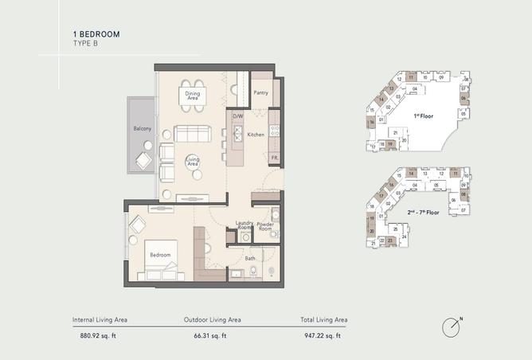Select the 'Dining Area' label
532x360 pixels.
tap(193, 96)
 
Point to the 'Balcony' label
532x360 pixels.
tap(143, 128)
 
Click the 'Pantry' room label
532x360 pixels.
tap(260, 93)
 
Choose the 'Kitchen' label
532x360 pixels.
tap(256, 135)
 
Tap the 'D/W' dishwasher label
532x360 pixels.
tap(237, 116)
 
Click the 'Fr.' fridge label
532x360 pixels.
tap(274, 158)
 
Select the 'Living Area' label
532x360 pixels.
tap(193, 162)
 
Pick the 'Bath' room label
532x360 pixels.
tap(250, 258)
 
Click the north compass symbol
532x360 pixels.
tap(452, 326)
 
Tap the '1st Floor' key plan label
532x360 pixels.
tap(422, 115)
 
